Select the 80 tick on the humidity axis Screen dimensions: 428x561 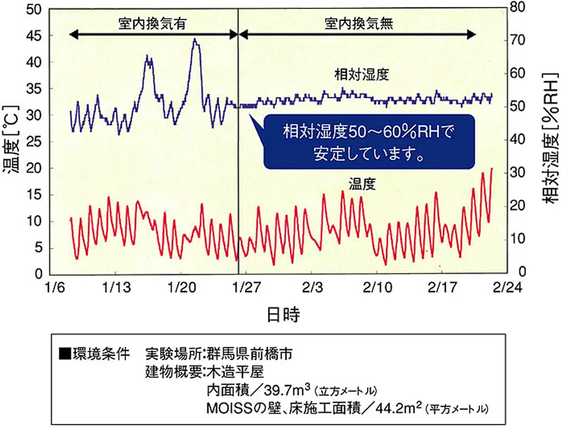(516, 8)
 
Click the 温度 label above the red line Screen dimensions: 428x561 (362, 185)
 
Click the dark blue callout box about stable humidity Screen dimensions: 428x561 (367, 141)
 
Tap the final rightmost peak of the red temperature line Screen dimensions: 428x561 (491, 169)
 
